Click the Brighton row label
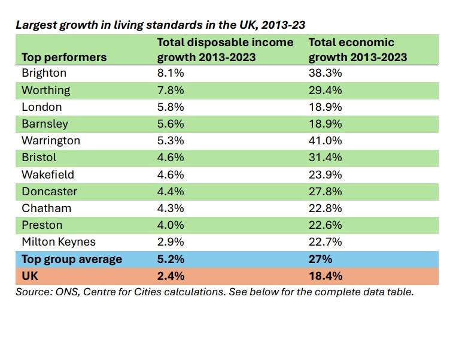point(44,73)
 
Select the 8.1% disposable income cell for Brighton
point(169,73)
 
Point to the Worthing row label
point(45,90)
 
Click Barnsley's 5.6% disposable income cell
point(169,124)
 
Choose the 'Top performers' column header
point(64,58)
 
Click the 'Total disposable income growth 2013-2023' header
point(225,50)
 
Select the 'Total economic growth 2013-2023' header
point(358,50)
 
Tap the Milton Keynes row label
point(57,242)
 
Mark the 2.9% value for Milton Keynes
point(169,242)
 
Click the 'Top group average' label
point(72,259)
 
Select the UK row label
point(29,276)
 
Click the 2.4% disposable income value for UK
point(170,276)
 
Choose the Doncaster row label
point(49,191)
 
